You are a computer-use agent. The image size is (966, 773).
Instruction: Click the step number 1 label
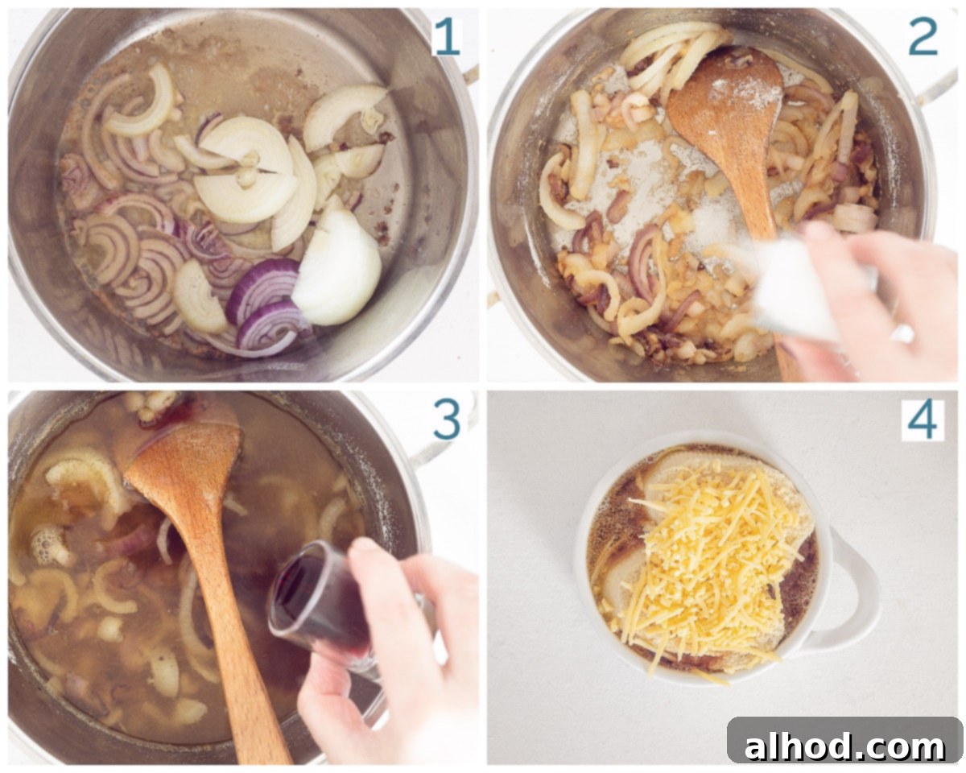click(447, 38)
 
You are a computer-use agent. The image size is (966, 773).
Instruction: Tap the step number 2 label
click(923, 38)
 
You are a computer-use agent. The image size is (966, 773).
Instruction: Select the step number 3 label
click(447, 420)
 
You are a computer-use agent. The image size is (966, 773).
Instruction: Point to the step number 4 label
click(922, 421)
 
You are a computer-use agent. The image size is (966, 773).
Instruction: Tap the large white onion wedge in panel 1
click(337, 267)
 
